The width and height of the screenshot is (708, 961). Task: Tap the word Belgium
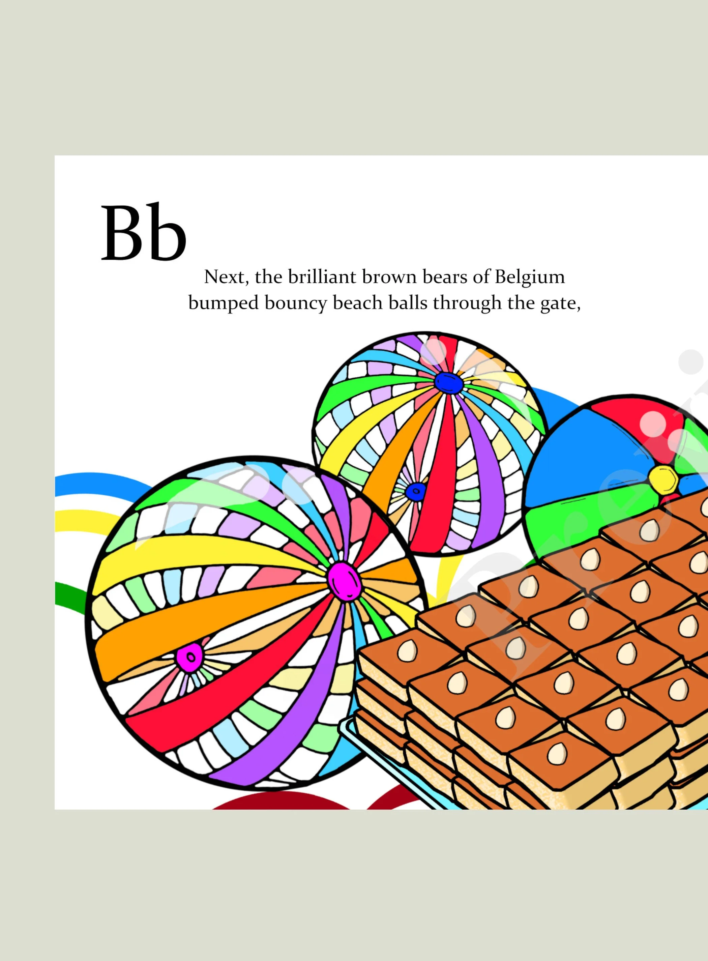click(530, 277)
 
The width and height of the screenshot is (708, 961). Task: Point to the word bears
click(444, 277)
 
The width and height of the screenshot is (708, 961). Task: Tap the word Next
click(226, 277)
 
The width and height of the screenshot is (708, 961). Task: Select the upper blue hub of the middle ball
click(448, 382)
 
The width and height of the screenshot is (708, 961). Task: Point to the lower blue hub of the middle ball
click(415, 491)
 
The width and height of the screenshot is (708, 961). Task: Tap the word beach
click(357, 303)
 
